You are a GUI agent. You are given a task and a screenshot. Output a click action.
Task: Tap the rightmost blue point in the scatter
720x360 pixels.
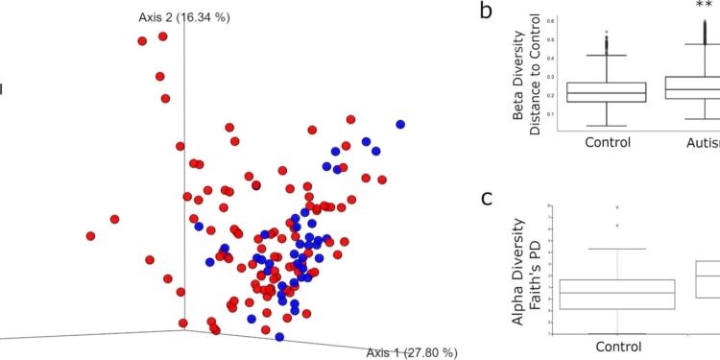[x=400, y=124]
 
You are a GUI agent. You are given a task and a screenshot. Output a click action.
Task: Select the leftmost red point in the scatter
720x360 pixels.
[x=90, y=235]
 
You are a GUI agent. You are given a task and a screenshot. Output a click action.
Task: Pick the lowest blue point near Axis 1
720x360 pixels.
[x=279, y=337]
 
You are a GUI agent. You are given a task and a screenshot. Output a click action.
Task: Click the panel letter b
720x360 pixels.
[x=487, y=12]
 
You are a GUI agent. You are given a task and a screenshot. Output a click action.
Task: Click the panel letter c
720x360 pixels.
[x=489, y=199]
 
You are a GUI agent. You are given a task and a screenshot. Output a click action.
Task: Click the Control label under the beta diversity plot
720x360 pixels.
[x=607, y=141]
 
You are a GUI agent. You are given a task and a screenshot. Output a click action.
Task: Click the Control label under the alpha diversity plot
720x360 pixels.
[x=618, y=347]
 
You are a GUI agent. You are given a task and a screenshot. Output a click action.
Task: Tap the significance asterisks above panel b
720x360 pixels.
[x=703, y=5]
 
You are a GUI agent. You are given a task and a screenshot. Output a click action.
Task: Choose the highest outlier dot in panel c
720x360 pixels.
[x=618, y=207]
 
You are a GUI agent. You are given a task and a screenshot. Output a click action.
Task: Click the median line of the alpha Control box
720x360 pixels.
[x=618, y=293]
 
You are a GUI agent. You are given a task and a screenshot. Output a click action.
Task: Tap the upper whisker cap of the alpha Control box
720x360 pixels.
[x=618, y=249]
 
